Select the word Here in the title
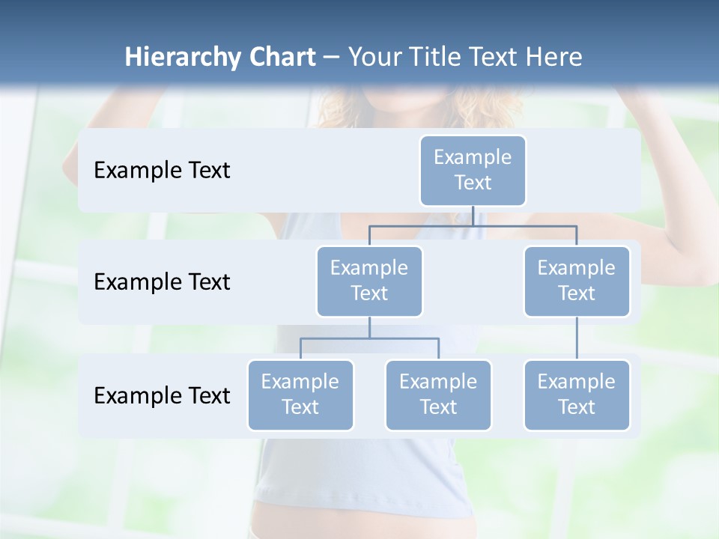coord(553,58)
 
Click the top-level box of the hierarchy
coord(473,171)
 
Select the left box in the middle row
coord(369,281)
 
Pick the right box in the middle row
coord(577,281)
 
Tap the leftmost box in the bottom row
coord(300,395)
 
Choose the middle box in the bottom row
coord(438,395)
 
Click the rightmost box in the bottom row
coord(577,395)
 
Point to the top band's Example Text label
coord(162,171)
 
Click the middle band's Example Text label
coord(162,281)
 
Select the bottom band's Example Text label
coord(162,395)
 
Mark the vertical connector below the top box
coord(473,216)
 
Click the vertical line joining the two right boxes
coord(577,338)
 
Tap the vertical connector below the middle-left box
coord(369,328)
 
